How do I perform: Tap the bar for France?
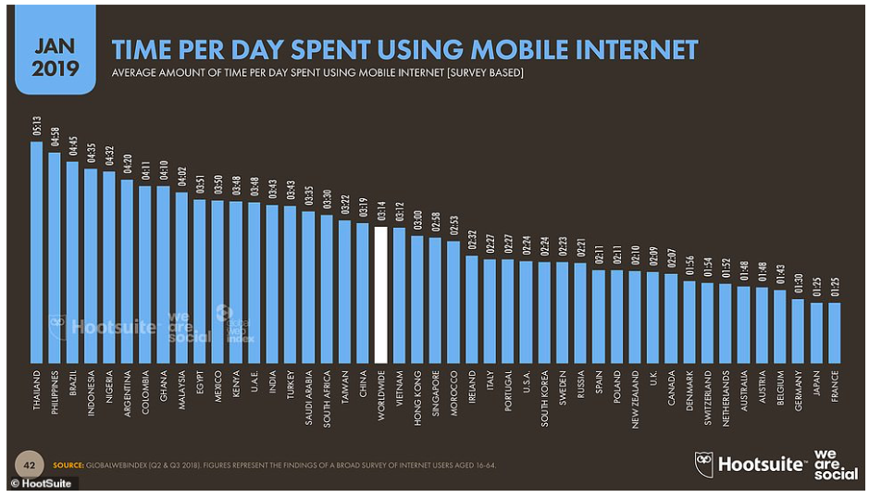834,332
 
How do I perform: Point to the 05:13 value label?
37,125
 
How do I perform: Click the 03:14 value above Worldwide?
380,210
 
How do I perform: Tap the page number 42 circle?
30,464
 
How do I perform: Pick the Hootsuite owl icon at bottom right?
704,463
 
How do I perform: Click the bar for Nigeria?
109,268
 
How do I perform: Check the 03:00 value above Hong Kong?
417,219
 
